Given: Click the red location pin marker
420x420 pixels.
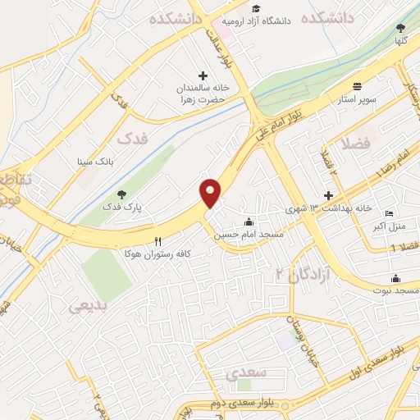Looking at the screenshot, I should [x=211, y=193].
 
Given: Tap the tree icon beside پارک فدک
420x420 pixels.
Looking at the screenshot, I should [x=121, y=194].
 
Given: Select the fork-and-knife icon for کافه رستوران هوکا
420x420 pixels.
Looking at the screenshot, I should [x=157, y=241].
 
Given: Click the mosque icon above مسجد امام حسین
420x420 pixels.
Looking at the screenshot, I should [x=249, y=221].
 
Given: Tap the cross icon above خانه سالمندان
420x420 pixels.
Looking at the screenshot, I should [x=203, y=75].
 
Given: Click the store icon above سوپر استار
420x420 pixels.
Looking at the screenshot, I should [x=357, y=86].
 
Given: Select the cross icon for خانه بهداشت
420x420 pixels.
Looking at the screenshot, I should [x=328, y=195].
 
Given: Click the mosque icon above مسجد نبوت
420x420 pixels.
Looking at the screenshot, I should [x=395, y=278].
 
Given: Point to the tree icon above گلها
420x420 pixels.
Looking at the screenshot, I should [x=399, y=28].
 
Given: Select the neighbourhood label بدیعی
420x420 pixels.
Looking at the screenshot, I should [x=88, y=306].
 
